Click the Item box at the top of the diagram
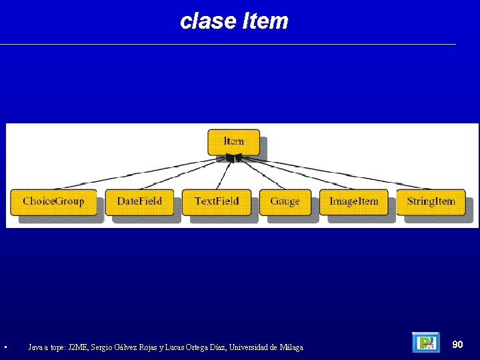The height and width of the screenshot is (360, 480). click(233, 141)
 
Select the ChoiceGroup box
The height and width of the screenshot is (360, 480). click(53, 201)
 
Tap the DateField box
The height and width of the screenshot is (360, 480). click(139, 201)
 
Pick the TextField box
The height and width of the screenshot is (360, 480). click(216, 201)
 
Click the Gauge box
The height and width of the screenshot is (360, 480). click(285, 201)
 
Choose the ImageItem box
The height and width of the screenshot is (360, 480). click(353, 201)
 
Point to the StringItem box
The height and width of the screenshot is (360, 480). click(431, 201)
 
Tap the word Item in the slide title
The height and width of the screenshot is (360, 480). click(265, 21)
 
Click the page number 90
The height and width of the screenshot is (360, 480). click(457, 344)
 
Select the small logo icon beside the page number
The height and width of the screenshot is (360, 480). click(425, 343)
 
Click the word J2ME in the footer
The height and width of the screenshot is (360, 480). click(77, 347)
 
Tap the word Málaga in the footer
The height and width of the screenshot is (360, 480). click(291, 347)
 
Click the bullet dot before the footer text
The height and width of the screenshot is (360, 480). click(5, 347)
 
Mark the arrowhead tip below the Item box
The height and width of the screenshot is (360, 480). click(232, 158)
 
